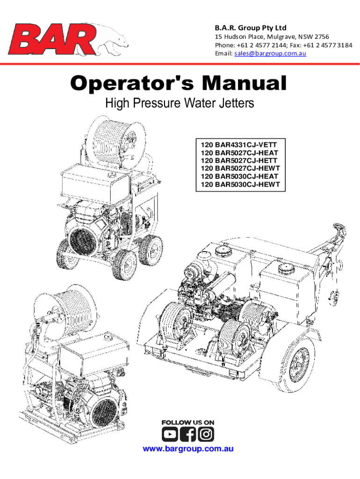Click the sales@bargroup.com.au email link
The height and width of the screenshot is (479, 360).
pos(270,53)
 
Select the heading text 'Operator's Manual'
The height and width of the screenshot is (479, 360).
pos(179,83)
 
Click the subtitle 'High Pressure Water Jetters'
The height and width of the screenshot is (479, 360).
pos(180,103)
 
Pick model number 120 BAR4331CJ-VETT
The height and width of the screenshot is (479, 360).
pos(239,145)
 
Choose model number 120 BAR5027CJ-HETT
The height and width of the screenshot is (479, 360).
pos(239,161)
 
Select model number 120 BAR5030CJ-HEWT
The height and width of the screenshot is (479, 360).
pos(240,184)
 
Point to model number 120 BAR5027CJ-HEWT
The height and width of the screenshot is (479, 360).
pos(240,168)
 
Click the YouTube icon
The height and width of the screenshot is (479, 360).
pos(170,434)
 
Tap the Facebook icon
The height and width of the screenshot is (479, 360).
pos(188,434)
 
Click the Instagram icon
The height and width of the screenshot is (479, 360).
pos(206,434)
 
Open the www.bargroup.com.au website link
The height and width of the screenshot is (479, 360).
pos(188,449)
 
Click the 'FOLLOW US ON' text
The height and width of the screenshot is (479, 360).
pos(188,422)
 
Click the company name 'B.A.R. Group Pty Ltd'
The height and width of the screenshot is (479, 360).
pos(251,28)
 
